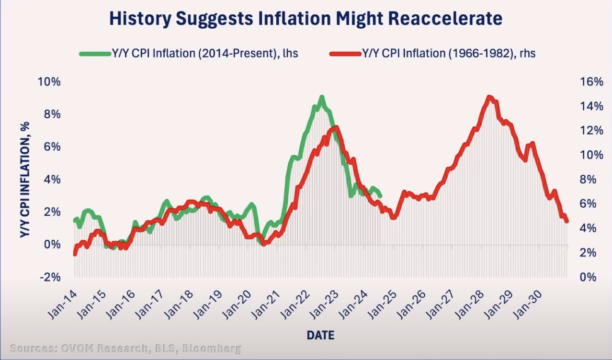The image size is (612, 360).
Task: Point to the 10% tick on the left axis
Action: [49, 82]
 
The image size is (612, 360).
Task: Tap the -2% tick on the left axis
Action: [50, 277]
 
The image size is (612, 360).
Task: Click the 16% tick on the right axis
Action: [591, 82]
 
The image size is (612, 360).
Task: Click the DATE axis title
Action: [320, 335]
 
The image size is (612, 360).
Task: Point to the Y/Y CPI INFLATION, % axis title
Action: [25, 180]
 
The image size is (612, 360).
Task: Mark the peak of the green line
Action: [322, 97]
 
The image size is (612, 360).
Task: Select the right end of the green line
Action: [380, 195]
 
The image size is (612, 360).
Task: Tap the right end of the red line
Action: [567, 221]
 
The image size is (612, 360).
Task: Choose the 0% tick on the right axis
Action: [594, 277]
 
